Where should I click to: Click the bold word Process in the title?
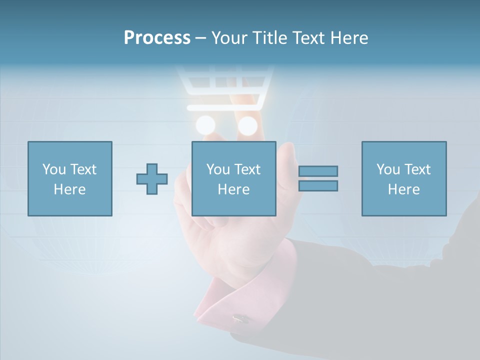(x=157, y=38)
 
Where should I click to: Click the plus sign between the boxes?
(x=152, y=179)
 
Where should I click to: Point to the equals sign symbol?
(x=318, y=178)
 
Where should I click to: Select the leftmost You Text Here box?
(x=70, y=178)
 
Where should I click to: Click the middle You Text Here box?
(x=233, y=178)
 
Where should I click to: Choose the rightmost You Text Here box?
(x=404, y=178)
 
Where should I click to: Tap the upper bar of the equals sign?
(x=318, y=171)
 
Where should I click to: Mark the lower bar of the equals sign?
(x=318, y=186)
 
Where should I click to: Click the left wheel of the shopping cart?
(x=205, y=125)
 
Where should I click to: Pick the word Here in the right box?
(x=404, y=189)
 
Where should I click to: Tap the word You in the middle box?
(x=218, y=169)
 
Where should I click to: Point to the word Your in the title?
(x=228, y=38)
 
